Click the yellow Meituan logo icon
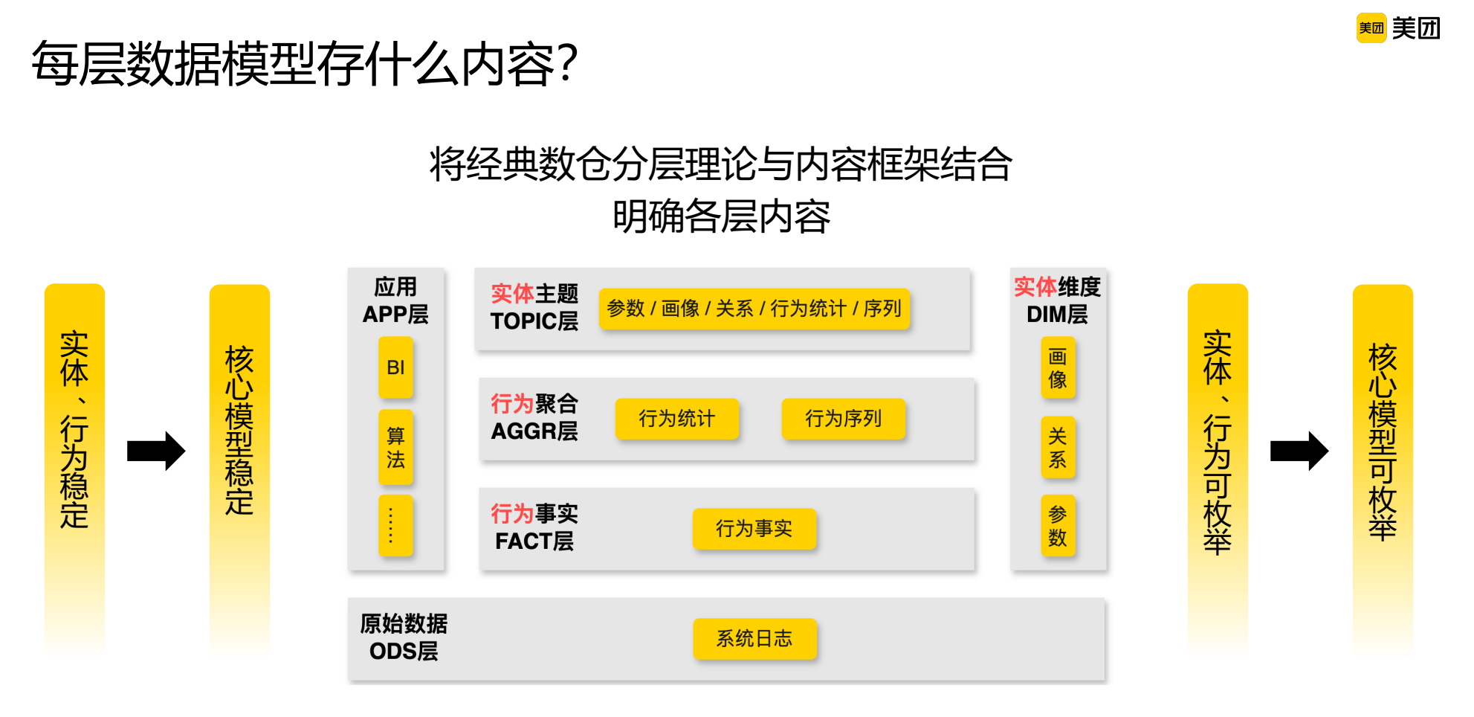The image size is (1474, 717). (1371, 28)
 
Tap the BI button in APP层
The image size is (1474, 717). (395, 367)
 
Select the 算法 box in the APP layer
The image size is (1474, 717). (395, 447)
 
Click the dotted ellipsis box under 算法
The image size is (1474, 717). (395, 525)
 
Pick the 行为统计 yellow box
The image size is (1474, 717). (676, 419)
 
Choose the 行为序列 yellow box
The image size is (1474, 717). (843, 419)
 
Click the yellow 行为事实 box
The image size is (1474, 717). (754, 529)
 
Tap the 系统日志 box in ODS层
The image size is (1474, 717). (754, 639)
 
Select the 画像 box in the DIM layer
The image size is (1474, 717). (1058, 367)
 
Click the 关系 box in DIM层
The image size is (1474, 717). (1058, 447)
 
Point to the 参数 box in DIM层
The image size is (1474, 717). (1058, 525)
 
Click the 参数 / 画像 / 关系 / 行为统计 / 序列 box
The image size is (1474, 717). (754, 309)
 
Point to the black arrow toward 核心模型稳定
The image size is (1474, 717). (155, 451)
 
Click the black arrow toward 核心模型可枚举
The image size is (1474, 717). (1299, 451)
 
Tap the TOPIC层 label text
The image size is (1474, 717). (534, 321)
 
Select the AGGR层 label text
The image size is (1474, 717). (534, 431)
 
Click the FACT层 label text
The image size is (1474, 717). (534, 541)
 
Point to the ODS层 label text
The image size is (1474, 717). (404, 652)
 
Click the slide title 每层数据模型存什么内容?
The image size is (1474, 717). (304, 64)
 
